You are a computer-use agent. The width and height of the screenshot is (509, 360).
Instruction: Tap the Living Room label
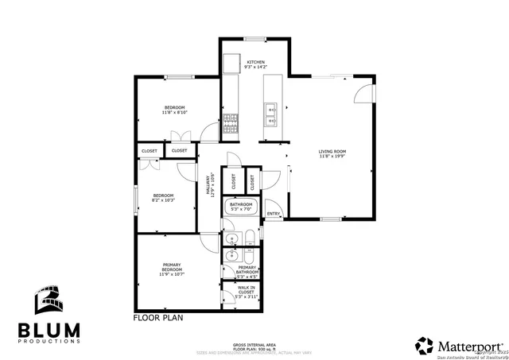(333, 154)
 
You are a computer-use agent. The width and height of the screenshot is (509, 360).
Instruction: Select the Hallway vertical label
(211, 185)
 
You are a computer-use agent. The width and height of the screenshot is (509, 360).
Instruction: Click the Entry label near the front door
(274, 213)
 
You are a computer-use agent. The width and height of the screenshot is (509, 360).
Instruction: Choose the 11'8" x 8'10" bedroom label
(175, 110)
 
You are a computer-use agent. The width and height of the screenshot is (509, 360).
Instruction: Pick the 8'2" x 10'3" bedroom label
(163, 198)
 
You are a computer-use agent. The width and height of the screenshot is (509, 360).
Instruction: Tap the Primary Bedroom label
(173, 268)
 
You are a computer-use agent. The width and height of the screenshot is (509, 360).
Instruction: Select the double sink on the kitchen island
(270, 115)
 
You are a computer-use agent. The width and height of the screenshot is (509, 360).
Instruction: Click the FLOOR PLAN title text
(158, 316)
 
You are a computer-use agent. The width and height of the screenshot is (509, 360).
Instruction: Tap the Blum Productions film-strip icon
(48, 301)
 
